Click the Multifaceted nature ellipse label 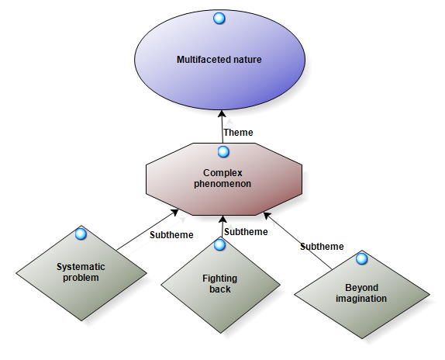(219, 60)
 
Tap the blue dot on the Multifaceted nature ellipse (219, 19)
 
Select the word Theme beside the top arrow (238, 133)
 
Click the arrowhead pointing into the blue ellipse (222, 114)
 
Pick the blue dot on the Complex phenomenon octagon (223, 152)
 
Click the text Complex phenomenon (222, 178)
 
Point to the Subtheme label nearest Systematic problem (171, 235)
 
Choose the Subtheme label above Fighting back (246, 232)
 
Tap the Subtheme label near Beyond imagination (322, 247)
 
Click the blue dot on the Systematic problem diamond (81, 234)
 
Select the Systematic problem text (81, 272)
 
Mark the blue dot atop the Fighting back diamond (219, 244)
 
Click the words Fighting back (220, 284)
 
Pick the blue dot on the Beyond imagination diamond (361, 258)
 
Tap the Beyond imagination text (361, 293)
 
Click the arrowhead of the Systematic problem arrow (174, 213)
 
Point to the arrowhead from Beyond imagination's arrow (267, 216)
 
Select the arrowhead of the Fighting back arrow (222, 220)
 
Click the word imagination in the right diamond (361, 299)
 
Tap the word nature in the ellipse (247, 60)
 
